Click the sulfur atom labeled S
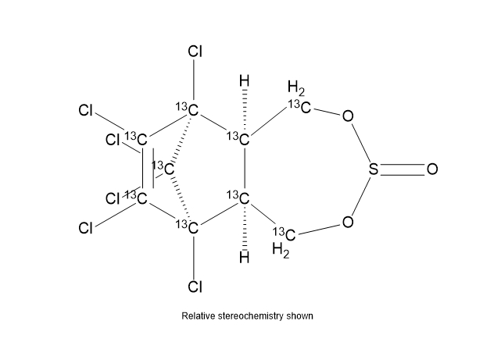point(374,169)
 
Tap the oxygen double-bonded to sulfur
point(432,169)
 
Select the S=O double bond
point(403,169)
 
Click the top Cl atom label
point(195,52)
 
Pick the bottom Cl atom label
point(195,287)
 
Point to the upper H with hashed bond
point(245,80)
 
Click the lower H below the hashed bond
point(245,258)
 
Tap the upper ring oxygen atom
point(348,116)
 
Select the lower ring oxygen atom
point(348,222)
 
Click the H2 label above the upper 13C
point(296,88)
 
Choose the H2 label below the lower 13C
point(281,251)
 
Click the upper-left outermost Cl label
point(86,111)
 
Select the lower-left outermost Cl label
point(86,228)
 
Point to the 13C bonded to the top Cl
point(188,109)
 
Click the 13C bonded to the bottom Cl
point(188,227)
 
